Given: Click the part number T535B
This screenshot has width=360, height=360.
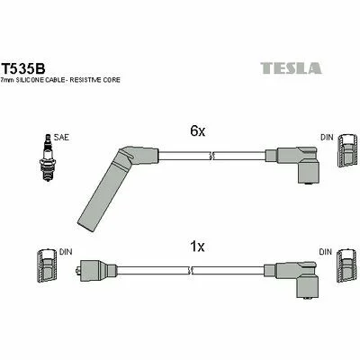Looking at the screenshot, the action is point(23,69).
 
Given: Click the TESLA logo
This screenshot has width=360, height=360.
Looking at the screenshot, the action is point(291,68).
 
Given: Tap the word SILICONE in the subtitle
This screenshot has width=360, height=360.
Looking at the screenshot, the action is point(31,80).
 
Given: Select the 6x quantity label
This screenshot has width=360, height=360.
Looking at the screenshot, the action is point(198,130).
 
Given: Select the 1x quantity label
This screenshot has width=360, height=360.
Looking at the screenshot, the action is point(197,247).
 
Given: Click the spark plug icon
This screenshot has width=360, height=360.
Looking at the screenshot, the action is point(48,157).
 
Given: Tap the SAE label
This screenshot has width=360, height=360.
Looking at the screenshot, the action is point(61,138).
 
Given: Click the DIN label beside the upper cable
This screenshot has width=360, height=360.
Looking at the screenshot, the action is point(327,138).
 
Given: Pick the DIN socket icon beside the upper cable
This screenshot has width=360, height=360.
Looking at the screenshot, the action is point(346,149).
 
